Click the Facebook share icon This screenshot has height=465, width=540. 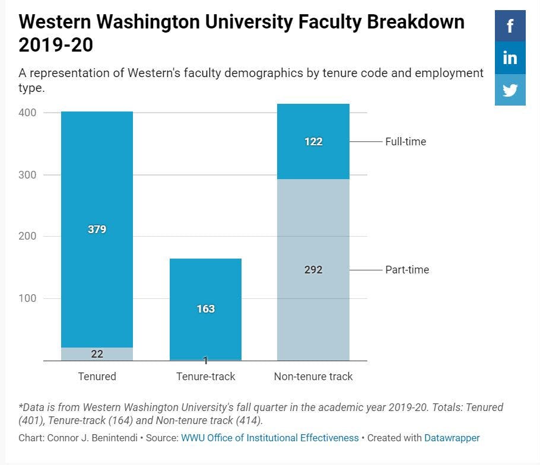click(510, 26)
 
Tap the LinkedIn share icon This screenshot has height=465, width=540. click(510, 58)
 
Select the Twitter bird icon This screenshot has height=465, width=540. click(510, 90)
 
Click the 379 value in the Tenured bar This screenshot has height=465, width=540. click(97, 229)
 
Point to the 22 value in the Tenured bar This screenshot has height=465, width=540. click(97, 354)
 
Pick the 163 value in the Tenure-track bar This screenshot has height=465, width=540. click(205, 309)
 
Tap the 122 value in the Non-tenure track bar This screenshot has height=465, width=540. click(313, 142)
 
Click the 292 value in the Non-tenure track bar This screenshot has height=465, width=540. click(313, 270)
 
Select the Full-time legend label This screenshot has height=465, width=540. click(406, 142)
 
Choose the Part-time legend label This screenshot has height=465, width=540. click(407, 270)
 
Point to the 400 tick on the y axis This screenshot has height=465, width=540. click(30, 113)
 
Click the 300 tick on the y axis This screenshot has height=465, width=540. click(30, 175)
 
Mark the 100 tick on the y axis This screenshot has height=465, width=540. click(30, 298)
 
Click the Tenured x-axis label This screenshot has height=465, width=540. click(97, 377)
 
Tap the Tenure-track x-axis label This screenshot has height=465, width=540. click(205, 377)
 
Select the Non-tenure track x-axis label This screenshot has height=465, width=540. click(313, 377)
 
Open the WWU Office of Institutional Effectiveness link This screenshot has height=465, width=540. click(270, 438)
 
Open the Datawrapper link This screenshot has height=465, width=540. click(452, 438)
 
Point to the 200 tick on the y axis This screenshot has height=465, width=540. click(30, 236)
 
